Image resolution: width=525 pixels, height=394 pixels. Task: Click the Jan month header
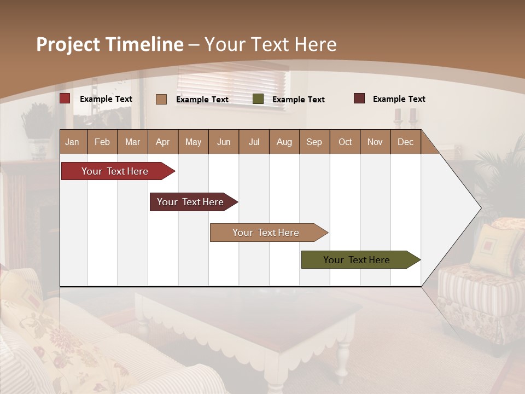pyautogui.click(x=73, y=142)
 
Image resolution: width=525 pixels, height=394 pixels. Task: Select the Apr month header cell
pyautogui.click(x=163, y=142)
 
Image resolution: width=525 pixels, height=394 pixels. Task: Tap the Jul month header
pyautogui.click(x=254, y=142)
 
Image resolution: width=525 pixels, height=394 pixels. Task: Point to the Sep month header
pyautogui.click(x=314, y=142)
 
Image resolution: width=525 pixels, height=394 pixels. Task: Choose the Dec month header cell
pyautogui.click(x=405, y=142)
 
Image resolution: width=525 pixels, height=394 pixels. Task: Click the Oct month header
pyautogui.click(x=345, y=142)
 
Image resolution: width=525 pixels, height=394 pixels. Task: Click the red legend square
pyautogui.click(x=65, y=99)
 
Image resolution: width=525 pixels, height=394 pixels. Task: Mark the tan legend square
pyautogui.click(x=161, y=99)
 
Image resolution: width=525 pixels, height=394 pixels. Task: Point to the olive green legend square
pyautogui.click(x=258, y=99)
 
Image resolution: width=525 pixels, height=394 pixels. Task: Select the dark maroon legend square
pyautogui.click(x=359, y=99)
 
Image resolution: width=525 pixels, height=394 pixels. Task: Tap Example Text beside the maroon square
pyautogui.click(x=399, y=99)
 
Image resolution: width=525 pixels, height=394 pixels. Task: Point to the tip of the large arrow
pyautogui.click(x=480, y=208)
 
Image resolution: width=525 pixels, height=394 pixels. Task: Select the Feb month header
pyautogui.click(x=102, y=142)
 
